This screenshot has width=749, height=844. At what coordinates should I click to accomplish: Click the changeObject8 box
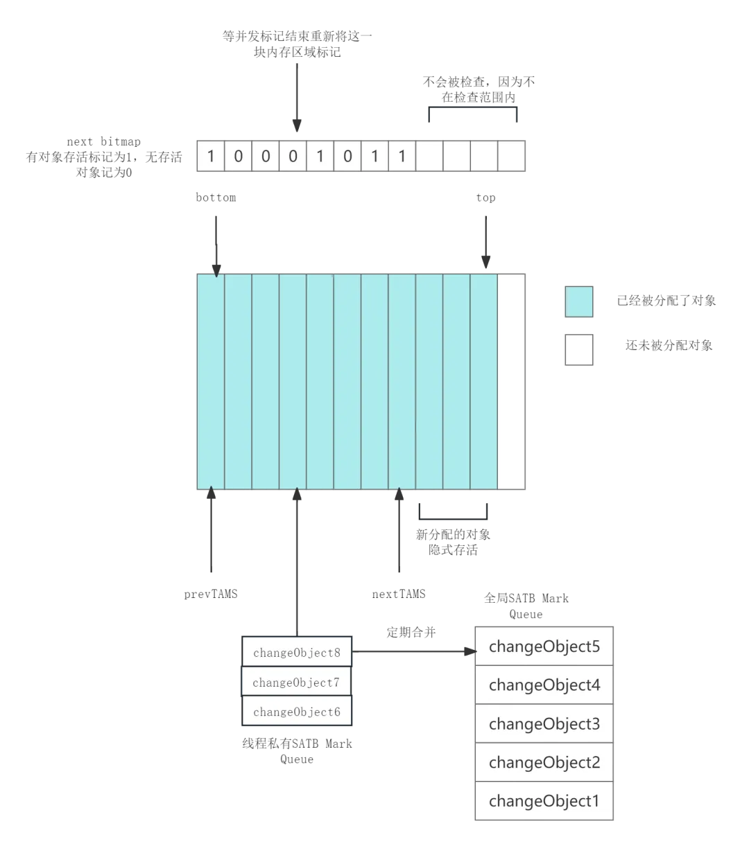pyautogui.click(x=297, y=653)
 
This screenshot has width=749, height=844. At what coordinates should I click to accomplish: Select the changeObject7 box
pyautogui.click(x=297, y=683)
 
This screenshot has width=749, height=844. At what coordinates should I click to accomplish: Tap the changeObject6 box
pyautogui.click(x=297, y=712)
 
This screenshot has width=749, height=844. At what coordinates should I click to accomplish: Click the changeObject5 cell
pyautogui.click(x=544, y=647)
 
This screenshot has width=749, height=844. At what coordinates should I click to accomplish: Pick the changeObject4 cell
pyautogui.click(x=544, y=685)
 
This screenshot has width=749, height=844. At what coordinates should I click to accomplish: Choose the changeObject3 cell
pyautogui.click(x=544, y=724)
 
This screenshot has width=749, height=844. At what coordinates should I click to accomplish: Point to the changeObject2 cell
pyautogui.click(x=544, y=763)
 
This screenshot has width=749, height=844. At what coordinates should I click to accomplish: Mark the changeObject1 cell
pyautogui.click(x=544, y=802)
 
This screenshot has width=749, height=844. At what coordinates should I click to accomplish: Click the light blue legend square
pyautogui.click(x=577, y=302)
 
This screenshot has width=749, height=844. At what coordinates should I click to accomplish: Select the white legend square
pyautogui.click(x=577, y=351)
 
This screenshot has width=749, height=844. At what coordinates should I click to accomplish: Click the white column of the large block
pyautogui.click(x=512, y=381)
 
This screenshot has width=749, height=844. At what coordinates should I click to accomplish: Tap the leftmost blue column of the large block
pyautogui.click(x=211, y=381)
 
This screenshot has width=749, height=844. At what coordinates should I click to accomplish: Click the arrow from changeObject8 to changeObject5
pyautogui.click(x=413, y=651)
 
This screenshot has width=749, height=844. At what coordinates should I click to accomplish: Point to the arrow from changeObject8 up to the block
pyautogui.click(x=297, y=561)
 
